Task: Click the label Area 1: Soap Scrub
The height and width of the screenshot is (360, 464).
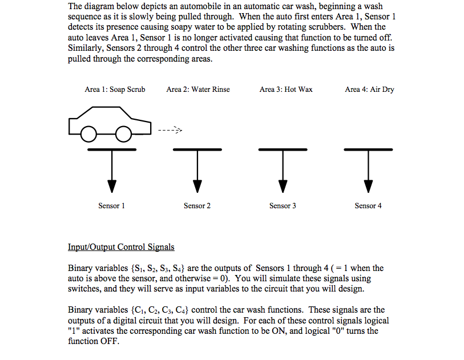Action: click(115, 90)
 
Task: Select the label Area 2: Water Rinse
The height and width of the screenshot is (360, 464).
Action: click(198, 90)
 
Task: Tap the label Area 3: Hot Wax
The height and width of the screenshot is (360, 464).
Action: click(285, 90)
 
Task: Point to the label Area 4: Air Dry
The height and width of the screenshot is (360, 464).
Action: click(369, 90)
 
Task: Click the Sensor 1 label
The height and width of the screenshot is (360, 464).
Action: click(111, 206)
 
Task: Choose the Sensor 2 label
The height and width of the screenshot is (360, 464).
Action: click(197, 206)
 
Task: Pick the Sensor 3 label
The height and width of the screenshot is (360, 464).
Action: click(283, 206)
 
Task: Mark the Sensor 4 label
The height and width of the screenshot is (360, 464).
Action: click(368, 206)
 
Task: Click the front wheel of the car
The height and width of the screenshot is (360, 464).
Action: click(124, 134)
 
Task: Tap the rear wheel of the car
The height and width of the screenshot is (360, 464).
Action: click(88, 134)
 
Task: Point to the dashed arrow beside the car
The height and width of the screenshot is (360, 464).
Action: click(170, 129)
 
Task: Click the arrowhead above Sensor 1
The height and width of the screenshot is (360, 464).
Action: click(112, 186)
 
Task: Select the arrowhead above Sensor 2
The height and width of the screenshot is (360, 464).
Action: click(197, 186)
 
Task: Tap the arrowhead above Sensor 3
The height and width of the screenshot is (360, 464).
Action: click(283, 186)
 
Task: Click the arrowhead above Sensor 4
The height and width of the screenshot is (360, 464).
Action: click(369, 186)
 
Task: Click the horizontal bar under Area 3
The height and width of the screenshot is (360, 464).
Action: click(283, 149)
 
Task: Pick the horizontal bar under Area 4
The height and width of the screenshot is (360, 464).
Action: click(369, 149)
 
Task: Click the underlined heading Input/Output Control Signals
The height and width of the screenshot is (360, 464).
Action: click(121, 247)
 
